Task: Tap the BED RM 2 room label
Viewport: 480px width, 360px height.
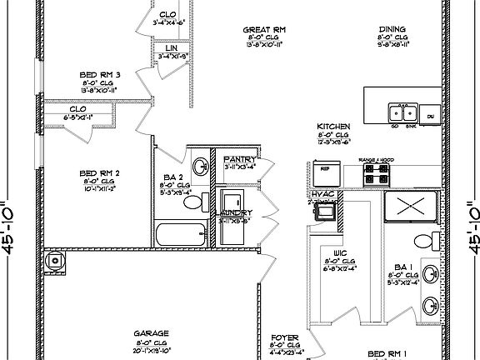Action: (100, 172)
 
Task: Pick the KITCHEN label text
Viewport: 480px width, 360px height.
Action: (332, 127)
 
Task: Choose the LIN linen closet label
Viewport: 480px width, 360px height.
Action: (172, 49)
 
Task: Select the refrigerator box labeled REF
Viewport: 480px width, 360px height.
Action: (324, 176)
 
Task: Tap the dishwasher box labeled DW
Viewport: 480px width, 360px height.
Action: (431, 117)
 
